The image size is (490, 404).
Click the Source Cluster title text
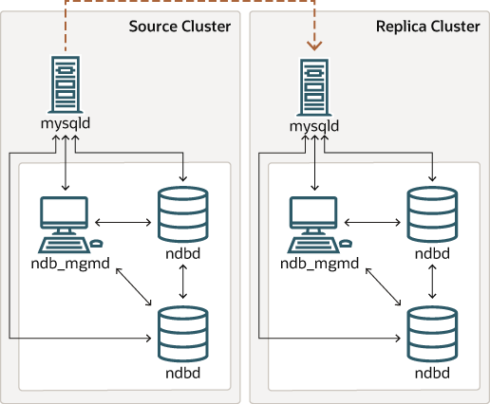pos(179,26)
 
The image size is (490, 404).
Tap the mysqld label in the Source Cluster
pos(66,124)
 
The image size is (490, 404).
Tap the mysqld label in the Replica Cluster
pos(314,124)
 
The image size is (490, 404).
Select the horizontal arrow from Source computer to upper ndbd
pos(122,222)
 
